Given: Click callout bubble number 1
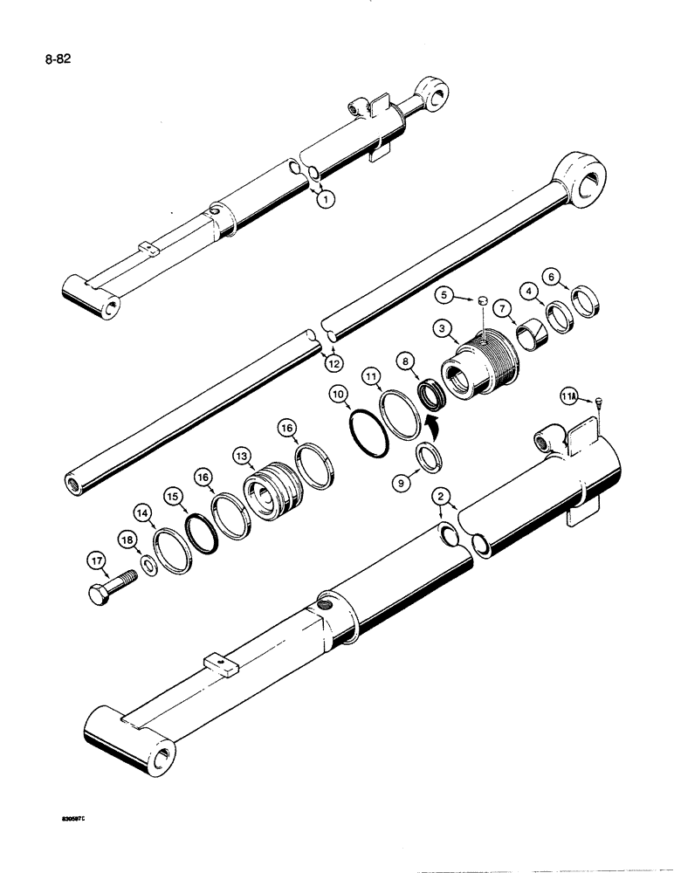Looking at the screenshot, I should (325, 200).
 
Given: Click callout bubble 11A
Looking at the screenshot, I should (569, 399).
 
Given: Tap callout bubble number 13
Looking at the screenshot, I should (241, 454).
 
